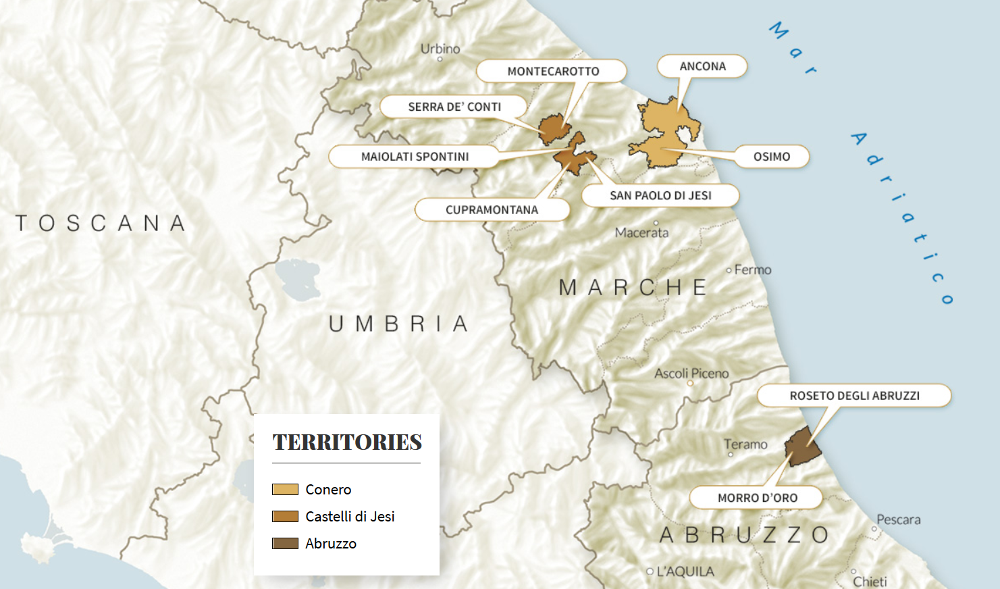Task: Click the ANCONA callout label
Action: pos(702,66)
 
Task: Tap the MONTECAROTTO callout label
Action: pos(552,71)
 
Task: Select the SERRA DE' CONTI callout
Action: pos(454,107)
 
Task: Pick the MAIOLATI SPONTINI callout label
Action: pos(414,157)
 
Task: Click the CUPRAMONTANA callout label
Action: pos(492,210)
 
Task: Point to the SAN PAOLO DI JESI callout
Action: pos(660,195)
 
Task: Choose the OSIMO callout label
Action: pos(771,157)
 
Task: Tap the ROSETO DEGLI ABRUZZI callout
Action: pos(854,396)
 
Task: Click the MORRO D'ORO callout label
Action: pos(757,498)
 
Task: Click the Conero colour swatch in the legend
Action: pos(285,490)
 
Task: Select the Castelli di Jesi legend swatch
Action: pos(285,517)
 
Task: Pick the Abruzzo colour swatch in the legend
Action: pos(285,544)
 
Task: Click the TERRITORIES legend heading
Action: pos(347,442)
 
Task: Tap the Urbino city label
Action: pos(440,49)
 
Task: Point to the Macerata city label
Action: pos(641,232)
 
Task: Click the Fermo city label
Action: pos(752,270)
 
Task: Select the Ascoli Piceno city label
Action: pos(691,374)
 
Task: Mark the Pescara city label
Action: pos(898,519)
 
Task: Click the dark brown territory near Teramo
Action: pos(802,447)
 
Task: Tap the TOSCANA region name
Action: pos(101,223)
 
